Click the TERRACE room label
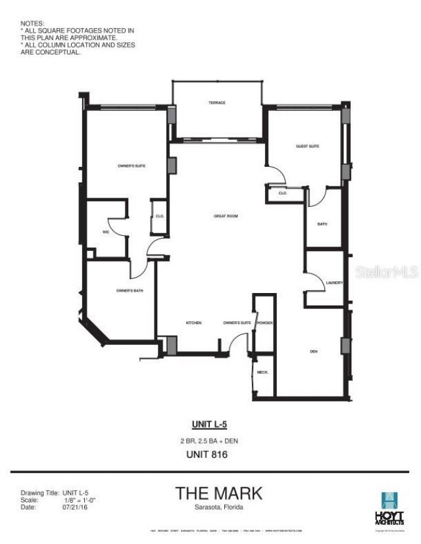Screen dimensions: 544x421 tap(217, 103)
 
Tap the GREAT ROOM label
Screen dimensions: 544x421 tap(225, 215)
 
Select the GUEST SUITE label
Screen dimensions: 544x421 tap(307, 146)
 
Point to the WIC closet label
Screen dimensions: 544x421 tap(105, 231)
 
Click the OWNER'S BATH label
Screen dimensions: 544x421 tap(130, 290)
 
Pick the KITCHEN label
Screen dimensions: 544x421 tap(193, 323)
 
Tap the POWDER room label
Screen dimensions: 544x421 tap(265, 323)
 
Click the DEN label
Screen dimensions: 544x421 tap(314, 352)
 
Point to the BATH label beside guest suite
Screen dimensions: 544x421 tap(322, 224)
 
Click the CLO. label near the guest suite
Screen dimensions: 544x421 tap(282, 193)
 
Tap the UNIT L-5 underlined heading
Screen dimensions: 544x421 tap(210, 424)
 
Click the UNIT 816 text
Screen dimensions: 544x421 tap(210, 453)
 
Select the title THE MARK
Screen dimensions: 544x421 tap(219, 493)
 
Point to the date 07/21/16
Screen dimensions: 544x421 tap(75, 507)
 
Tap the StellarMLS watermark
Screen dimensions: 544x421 tap(387, 271)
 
